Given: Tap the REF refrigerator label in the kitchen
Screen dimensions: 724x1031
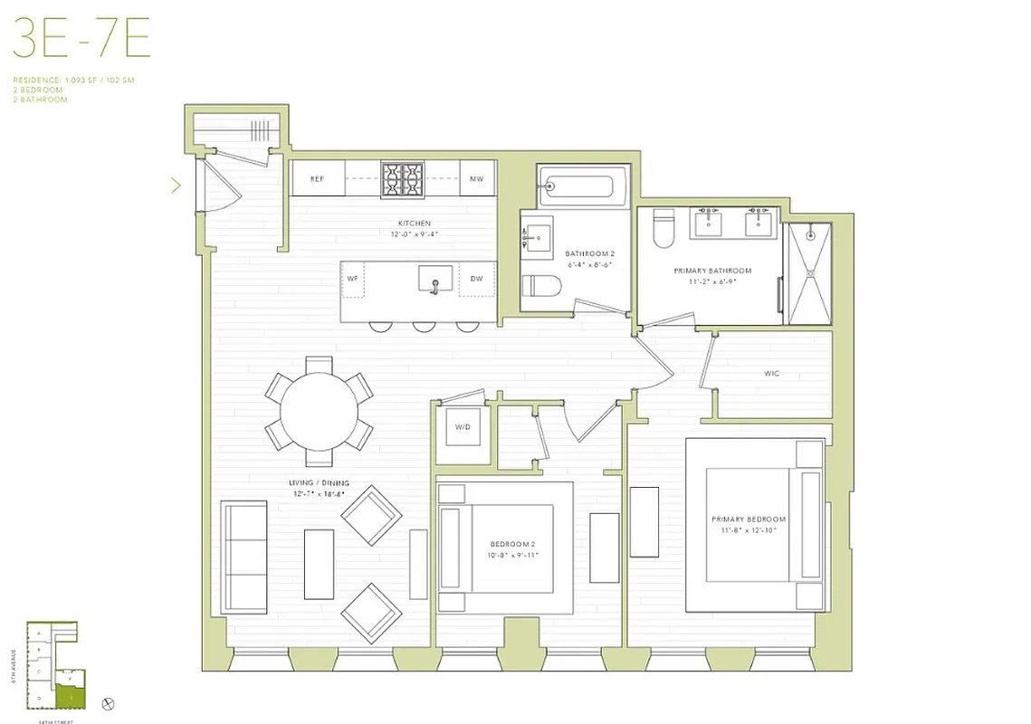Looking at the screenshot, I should click(x=317, y=179).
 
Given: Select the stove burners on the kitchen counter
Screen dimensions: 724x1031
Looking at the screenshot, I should click(x=402, y=178).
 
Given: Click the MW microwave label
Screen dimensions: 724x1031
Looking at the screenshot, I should click(x=476, y=179).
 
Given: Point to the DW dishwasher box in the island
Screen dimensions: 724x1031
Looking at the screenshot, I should click(x=476, y=279).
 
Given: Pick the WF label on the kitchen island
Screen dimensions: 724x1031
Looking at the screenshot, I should click(x=353, y=279).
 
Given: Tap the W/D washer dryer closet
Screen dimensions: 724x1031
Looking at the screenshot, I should click(x=461, y=427).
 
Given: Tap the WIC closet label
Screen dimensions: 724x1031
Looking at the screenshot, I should click(x=771, y=373).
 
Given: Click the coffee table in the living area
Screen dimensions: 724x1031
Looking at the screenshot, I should click(x=319, y=564).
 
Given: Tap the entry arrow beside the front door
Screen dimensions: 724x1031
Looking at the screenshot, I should click(x=176, y=186).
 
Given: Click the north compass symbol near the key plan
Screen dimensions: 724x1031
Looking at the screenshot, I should click(x=109, y=703).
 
